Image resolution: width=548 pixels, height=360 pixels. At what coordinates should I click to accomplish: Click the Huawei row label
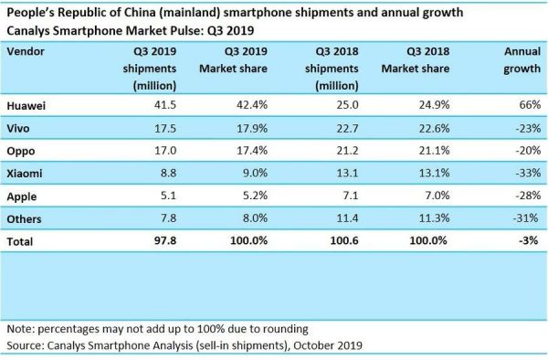(27, 106)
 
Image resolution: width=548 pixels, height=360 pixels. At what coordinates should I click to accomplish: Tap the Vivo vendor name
(21, 128)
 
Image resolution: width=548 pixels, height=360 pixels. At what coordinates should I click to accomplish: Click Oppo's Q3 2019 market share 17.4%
(248, 150)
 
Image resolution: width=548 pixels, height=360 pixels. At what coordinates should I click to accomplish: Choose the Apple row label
(23, 193)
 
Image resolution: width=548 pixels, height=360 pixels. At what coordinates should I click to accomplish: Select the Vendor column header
(26, 52)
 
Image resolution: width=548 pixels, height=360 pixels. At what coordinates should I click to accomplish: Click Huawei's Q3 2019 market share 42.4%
(248, 106)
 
